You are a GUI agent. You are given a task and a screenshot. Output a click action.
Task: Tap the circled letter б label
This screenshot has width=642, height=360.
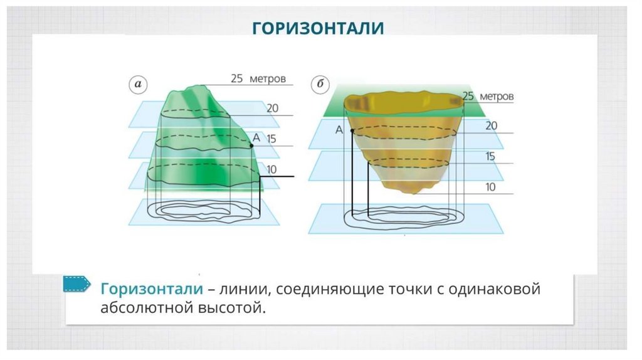[320, 83]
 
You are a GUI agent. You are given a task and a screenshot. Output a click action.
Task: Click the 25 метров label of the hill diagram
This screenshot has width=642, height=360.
[258, 79]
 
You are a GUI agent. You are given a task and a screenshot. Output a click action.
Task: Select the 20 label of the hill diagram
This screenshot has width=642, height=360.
[272, 108]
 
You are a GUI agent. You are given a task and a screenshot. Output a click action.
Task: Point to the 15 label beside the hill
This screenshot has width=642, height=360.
[271, 139]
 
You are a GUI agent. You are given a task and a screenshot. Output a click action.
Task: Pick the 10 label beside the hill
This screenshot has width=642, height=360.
[271, 169]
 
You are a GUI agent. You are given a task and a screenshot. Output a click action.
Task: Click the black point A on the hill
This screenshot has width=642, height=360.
[251, 146]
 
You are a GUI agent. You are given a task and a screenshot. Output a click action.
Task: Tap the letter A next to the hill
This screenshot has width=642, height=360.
[256, 137]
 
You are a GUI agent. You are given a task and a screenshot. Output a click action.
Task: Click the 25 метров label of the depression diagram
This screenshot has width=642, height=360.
[488, 97]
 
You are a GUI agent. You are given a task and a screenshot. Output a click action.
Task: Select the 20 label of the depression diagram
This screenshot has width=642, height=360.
[491, 126]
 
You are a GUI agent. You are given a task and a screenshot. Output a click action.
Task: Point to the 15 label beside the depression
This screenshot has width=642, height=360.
[490, 156]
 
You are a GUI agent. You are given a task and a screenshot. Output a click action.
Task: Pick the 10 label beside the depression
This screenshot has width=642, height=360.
[490, 186]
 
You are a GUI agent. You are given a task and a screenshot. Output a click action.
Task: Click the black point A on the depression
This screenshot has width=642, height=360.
[352, 130]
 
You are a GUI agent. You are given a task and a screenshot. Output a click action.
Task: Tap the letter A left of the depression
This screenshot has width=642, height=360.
[339, 130]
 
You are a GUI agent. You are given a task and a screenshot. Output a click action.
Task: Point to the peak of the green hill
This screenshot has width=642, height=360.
[203, 86]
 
